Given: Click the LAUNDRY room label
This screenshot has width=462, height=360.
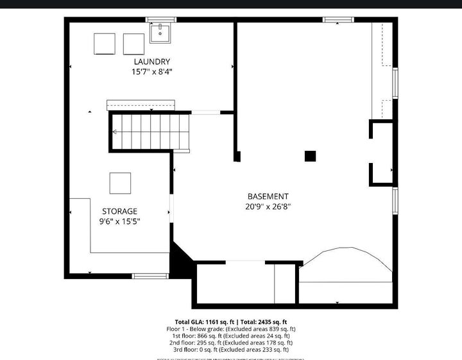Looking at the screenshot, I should tap(151, 62).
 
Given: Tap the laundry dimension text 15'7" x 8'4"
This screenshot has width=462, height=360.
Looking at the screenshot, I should tap(151, 72).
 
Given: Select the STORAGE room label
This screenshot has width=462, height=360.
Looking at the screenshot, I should tap(119, 211).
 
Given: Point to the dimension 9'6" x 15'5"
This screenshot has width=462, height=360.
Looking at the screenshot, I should tap(119, 221).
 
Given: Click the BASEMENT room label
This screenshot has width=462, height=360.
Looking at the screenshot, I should tap(268, 196).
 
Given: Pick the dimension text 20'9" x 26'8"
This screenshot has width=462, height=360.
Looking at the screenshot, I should tap(268, 207).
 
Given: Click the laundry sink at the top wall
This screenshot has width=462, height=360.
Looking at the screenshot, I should tap(160, 33).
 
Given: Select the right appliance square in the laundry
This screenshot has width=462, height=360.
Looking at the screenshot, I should tap(133, 44).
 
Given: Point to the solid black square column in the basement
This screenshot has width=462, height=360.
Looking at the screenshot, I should tap(311, 156).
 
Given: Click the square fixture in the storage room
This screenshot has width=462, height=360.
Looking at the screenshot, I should tap(120, 183).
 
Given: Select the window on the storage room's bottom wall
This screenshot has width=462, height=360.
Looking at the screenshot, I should tap(150, 276).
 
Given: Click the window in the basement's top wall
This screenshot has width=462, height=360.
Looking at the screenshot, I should tap(338, 20).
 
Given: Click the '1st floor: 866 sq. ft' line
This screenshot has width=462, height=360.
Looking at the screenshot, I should tap(230, 336).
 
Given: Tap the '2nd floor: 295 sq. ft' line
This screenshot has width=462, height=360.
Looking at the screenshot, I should tap(230, 343).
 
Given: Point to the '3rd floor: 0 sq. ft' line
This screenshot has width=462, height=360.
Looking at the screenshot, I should tap(230, 350).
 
